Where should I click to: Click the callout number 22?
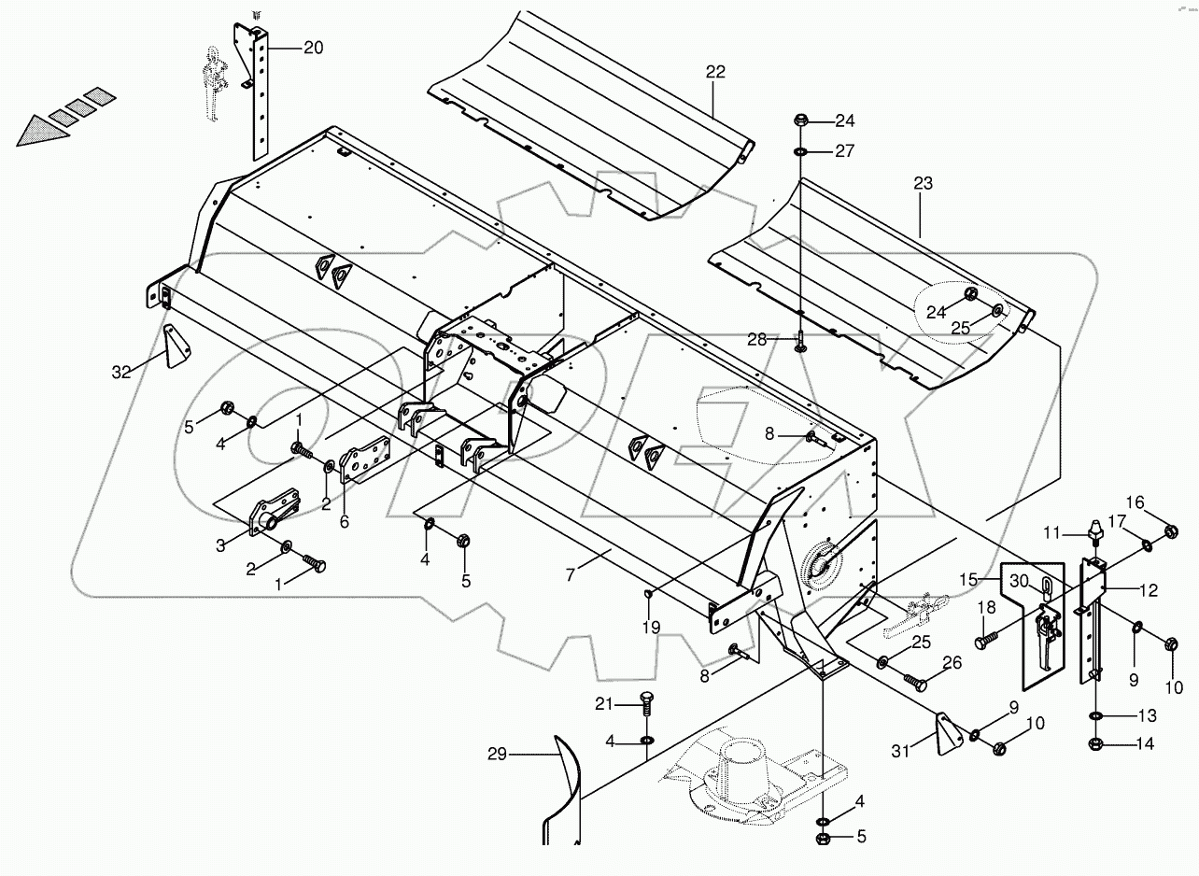click(x=715, y=72)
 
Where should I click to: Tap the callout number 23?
click(x=923, y=184)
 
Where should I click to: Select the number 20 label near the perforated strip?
click(x=313, y=48)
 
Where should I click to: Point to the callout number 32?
click(x=121, y=372)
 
